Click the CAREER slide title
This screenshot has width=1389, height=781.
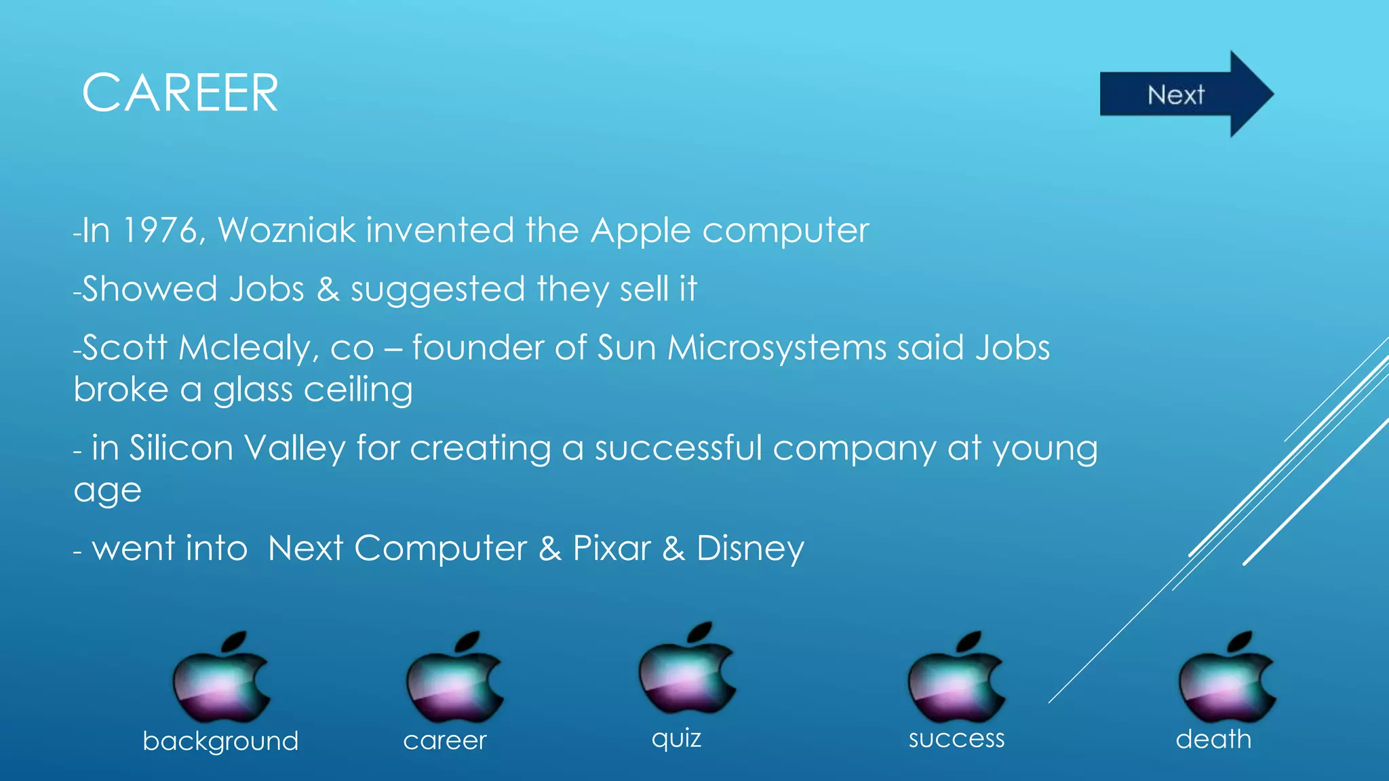[180, 93]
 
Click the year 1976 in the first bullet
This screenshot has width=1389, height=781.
[160, 231]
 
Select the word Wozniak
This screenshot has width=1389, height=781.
[286, 231]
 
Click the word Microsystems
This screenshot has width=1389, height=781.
[777, 348]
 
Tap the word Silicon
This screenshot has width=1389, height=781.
[181, 448]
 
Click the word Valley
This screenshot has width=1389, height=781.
[294, 449]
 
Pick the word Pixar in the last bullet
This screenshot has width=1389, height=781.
[612, 548]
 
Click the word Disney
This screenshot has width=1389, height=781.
[750, 548]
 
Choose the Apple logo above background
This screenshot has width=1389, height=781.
[221, 678]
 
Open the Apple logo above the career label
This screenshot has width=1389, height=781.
[454, 678]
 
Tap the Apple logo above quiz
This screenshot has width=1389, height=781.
[686, 668]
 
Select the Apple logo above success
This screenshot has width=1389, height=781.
[956, 678]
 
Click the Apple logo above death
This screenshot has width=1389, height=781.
[1226, 678]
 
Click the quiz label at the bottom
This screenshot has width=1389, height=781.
[676, 738]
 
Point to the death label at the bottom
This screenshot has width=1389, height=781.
[1213, 739]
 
